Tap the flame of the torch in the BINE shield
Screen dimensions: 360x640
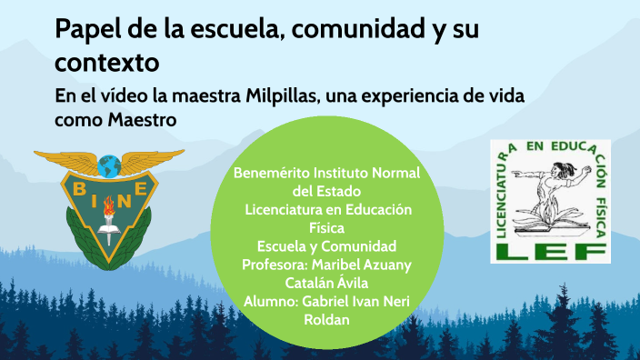click(109, 203)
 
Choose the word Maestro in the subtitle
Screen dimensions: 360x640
click(142, 118)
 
